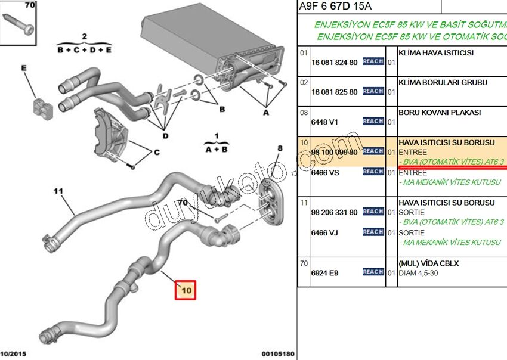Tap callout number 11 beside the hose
[x=58, y=191]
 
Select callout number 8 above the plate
[x=279, y=148]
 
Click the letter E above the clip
[x=24, y=69]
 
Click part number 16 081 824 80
[x=334, y=62]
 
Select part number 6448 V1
[x=324, y=122]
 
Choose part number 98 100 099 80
[x=334, y=152]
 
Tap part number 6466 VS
[x=325, y=172]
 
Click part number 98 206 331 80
[x=334, y=212]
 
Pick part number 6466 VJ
[x=324, y=232]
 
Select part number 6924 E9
[x=324, y=272]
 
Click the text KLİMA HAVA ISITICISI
[x=435, y=52]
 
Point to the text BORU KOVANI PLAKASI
[x=439, y=112]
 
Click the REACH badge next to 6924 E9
[x=373, y=272]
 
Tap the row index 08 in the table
[x=304, y=112]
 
